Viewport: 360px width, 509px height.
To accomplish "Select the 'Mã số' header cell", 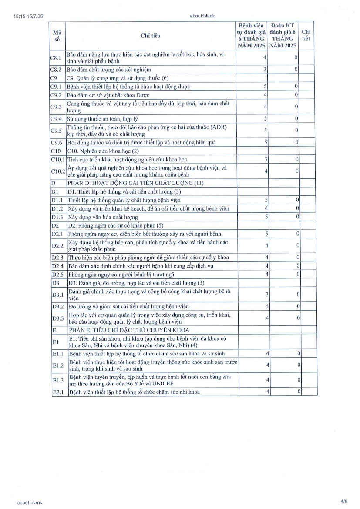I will point(57,36).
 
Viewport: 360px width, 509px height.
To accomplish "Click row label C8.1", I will point(57,57).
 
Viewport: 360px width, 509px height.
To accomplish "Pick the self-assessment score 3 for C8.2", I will point(265,70).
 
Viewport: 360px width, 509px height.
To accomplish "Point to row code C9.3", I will point(57,107).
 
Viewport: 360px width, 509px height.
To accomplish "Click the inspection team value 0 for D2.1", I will point(296,234).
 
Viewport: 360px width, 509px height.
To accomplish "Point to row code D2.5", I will point(57,274).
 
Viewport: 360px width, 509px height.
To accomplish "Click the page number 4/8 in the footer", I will point(344,502).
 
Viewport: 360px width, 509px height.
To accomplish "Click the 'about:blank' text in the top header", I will point(202,16).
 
